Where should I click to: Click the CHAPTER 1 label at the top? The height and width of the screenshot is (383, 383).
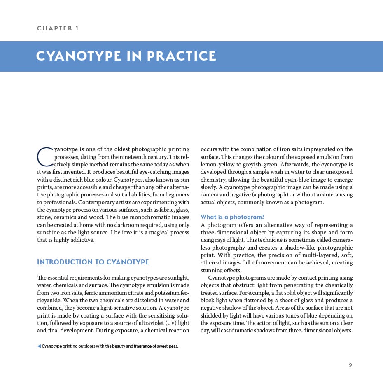click(x=58, y=28)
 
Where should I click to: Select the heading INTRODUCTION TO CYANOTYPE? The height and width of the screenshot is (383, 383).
click(x=93, y=262)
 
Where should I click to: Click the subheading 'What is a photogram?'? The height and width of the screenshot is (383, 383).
click(x=232, y=217)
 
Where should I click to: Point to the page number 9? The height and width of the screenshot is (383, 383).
click(x=350, y=364)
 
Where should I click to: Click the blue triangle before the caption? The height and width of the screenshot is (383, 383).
click(x=39, y=346)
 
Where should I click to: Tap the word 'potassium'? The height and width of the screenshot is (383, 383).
click(x=165, y=292)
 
